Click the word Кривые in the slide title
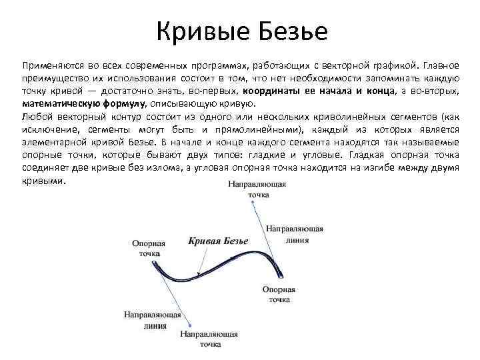tap(193, 31)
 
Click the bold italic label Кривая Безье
tap(218, 241)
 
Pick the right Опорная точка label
tap(279, 295)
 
